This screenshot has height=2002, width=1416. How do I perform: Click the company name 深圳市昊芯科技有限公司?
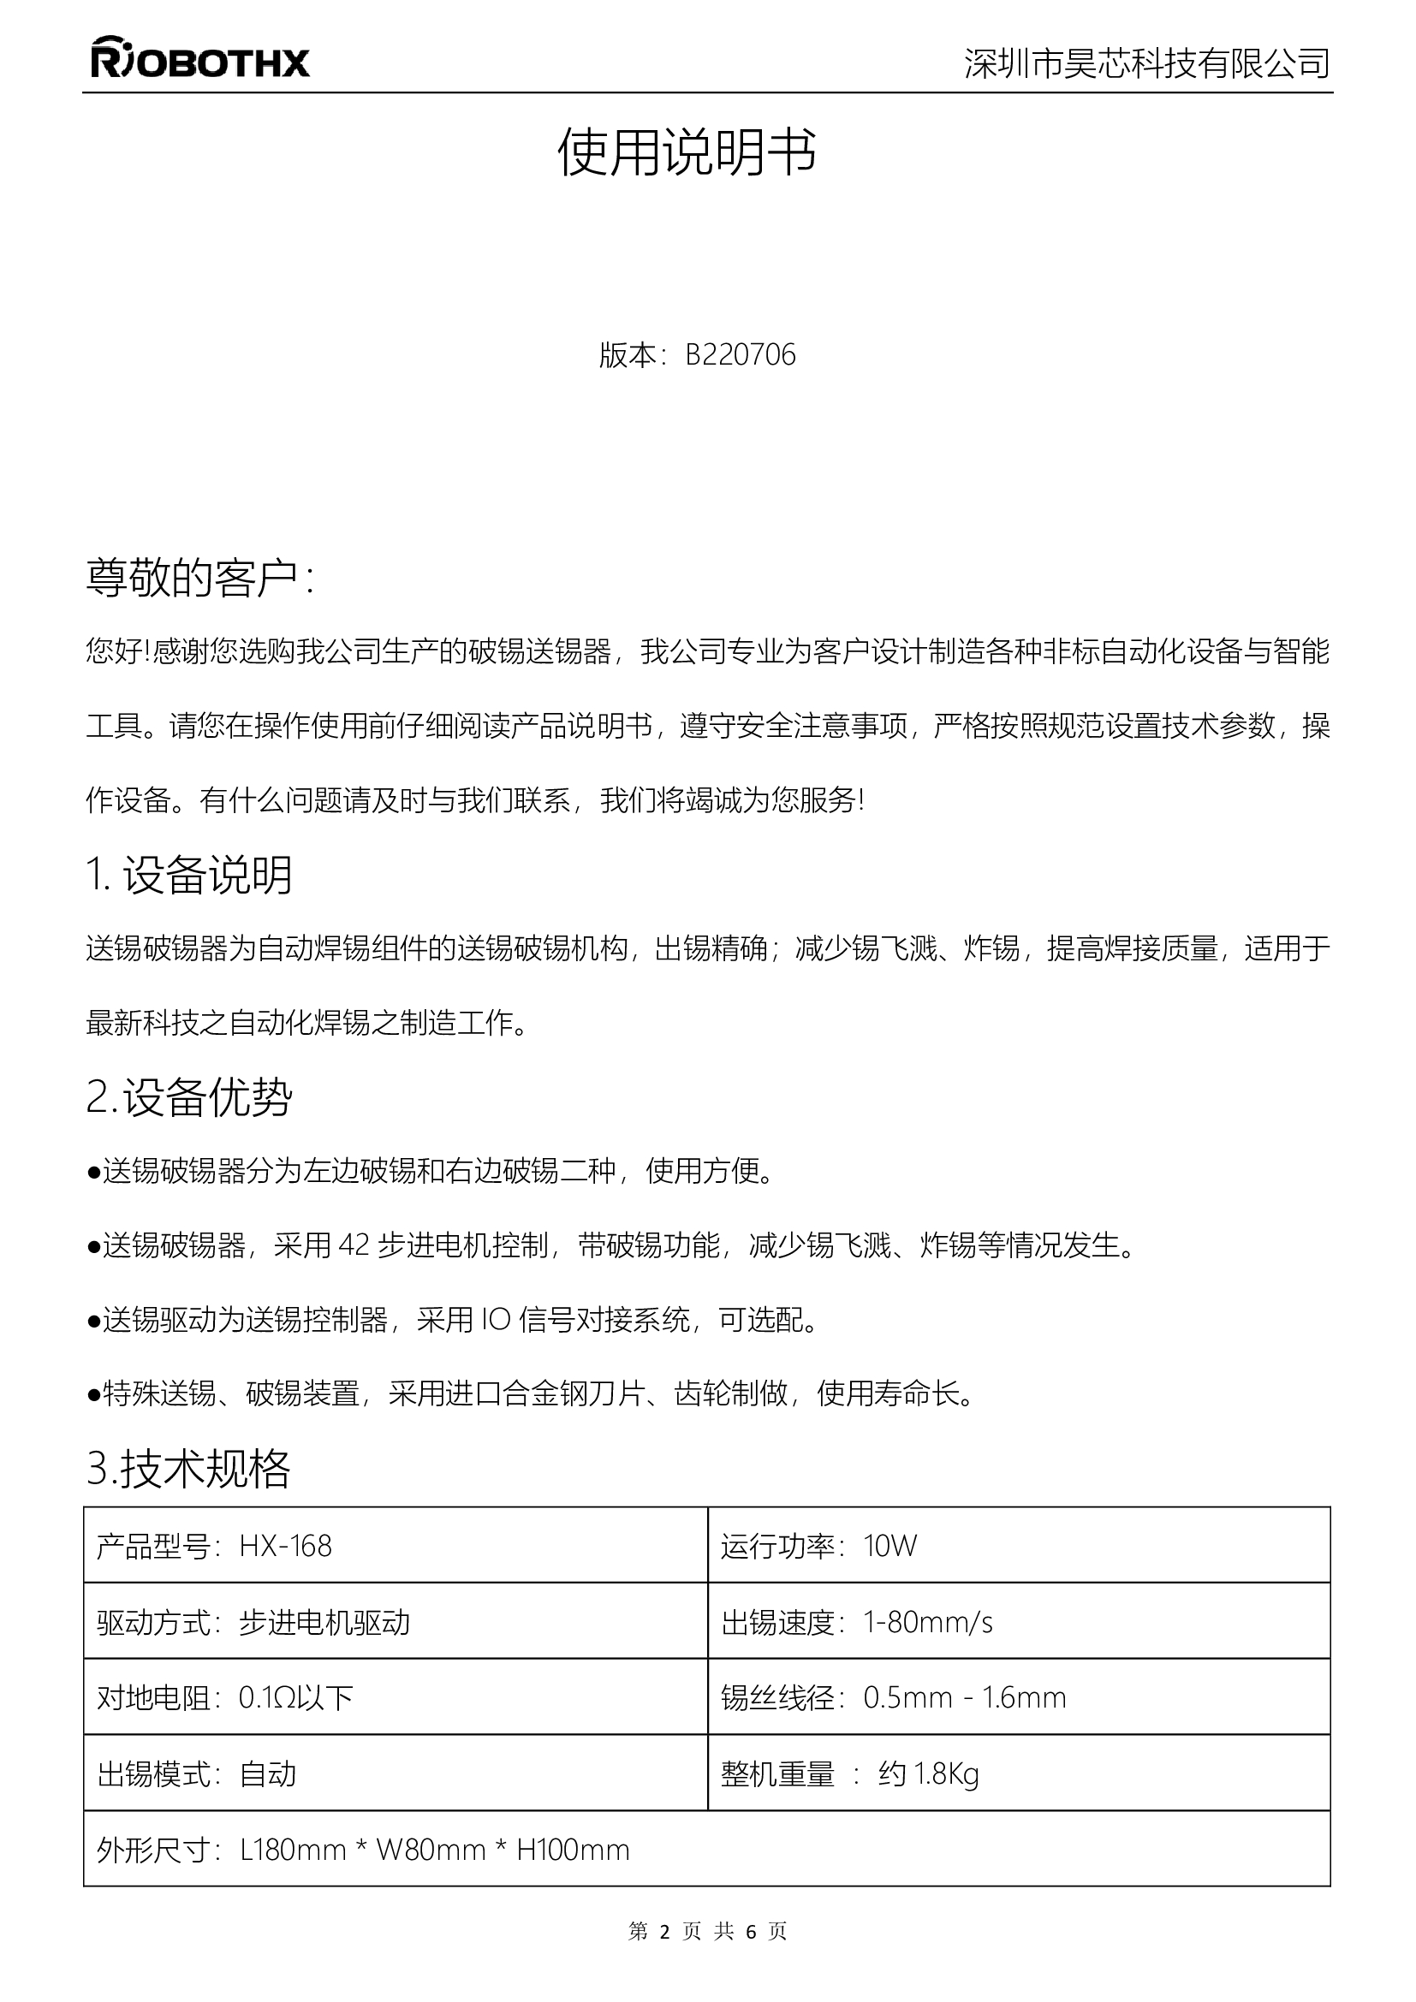[1146, 62]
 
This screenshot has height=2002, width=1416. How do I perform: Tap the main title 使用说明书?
[687, 152]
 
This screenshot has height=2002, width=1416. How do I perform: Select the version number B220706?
[741, 355]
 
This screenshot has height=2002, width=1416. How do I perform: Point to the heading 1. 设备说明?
[189, 875]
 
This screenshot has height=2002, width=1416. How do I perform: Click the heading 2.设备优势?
[189, 1097]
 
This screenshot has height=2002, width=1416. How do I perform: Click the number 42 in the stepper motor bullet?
[354, 1245]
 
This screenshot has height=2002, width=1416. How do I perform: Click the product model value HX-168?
[285, 1546]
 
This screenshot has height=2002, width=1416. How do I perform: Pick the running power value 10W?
[890, 1546]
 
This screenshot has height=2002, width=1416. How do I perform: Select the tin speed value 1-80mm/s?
[928, 1622]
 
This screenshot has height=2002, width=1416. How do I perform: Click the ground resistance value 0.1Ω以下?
[295, 1697]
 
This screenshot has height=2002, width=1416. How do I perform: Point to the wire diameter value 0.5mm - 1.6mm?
[964, 1697]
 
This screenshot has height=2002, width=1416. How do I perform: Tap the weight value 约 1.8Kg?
[929, 1773]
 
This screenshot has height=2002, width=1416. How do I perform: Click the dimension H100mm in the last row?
[573, 1850]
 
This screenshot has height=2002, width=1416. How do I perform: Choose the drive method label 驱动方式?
[153, 1622]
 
